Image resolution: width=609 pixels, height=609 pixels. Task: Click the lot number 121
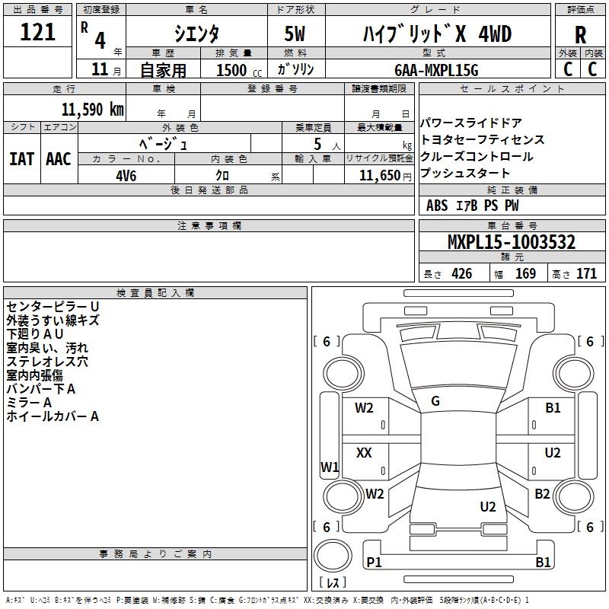coord(37,32)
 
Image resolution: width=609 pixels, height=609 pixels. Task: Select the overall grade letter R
coord(580,35)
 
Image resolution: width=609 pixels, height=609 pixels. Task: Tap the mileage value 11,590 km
coord(93,110)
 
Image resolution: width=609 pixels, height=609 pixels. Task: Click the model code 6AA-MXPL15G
coord(436,70)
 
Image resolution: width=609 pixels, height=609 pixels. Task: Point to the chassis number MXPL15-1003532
coord(512,242)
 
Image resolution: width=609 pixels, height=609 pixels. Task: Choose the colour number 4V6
coord(126,176)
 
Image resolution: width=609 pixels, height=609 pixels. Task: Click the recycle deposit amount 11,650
coord(379,176)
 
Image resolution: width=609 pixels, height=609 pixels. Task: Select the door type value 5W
coord(295,33)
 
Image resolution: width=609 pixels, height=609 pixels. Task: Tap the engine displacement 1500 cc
coord(239,70)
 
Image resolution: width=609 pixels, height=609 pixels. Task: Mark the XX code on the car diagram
coord(364,452)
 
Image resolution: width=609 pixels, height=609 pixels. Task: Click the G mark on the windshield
coord(435,401)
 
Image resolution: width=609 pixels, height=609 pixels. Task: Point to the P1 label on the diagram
coord(374,562)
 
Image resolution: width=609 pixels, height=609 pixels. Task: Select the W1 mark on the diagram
coord(330,467)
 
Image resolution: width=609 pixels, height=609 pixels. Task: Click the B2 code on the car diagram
coord(542,493)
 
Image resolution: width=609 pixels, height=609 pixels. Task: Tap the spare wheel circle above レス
coord(333,556)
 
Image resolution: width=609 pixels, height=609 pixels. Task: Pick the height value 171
coord(586,273)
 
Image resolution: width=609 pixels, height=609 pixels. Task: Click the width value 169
coord(525,273)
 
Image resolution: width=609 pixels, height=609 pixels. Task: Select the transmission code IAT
coord(22,159)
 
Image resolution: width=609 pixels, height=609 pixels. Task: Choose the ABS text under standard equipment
coord(437,205)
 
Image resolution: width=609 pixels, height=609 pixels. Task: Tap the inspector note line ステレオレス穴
coord(47,362)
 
